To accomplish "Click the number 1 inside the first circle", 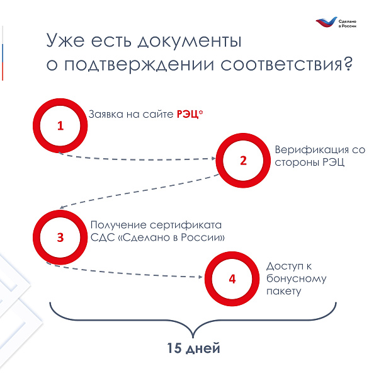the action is click(60, 125).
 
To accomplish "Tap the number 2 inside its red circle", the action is click(243, 161).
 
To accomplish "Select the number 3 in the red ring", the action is click(60, 238).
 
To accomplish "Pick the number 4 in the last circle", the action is click(232, 279).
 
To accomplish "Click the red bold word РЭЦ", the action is click(188, 114).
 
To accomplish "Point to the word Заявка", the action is click(106, 114).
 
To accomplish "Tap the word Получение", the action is click(118, 225).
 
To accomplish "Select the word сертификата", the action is click(186, 225).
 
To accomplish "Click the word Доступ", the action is click(285, 266).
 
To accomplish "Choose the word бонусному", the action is click(297, 279).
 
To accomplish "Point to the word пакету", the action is click(283, 292).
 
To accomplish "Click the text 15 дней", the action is click(193, 348).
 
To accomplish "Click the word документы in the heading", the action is click(190, 40).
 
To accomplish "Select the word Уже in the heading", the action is click(65, 40).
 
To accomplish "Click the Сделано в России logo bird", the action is click(326, 22).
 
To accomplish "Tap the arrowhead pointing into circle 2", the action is click(213, 158).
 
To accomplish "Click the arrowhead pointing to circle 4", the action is click(200, 277).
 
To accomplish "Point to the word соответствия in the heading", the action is click(281, 65).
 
